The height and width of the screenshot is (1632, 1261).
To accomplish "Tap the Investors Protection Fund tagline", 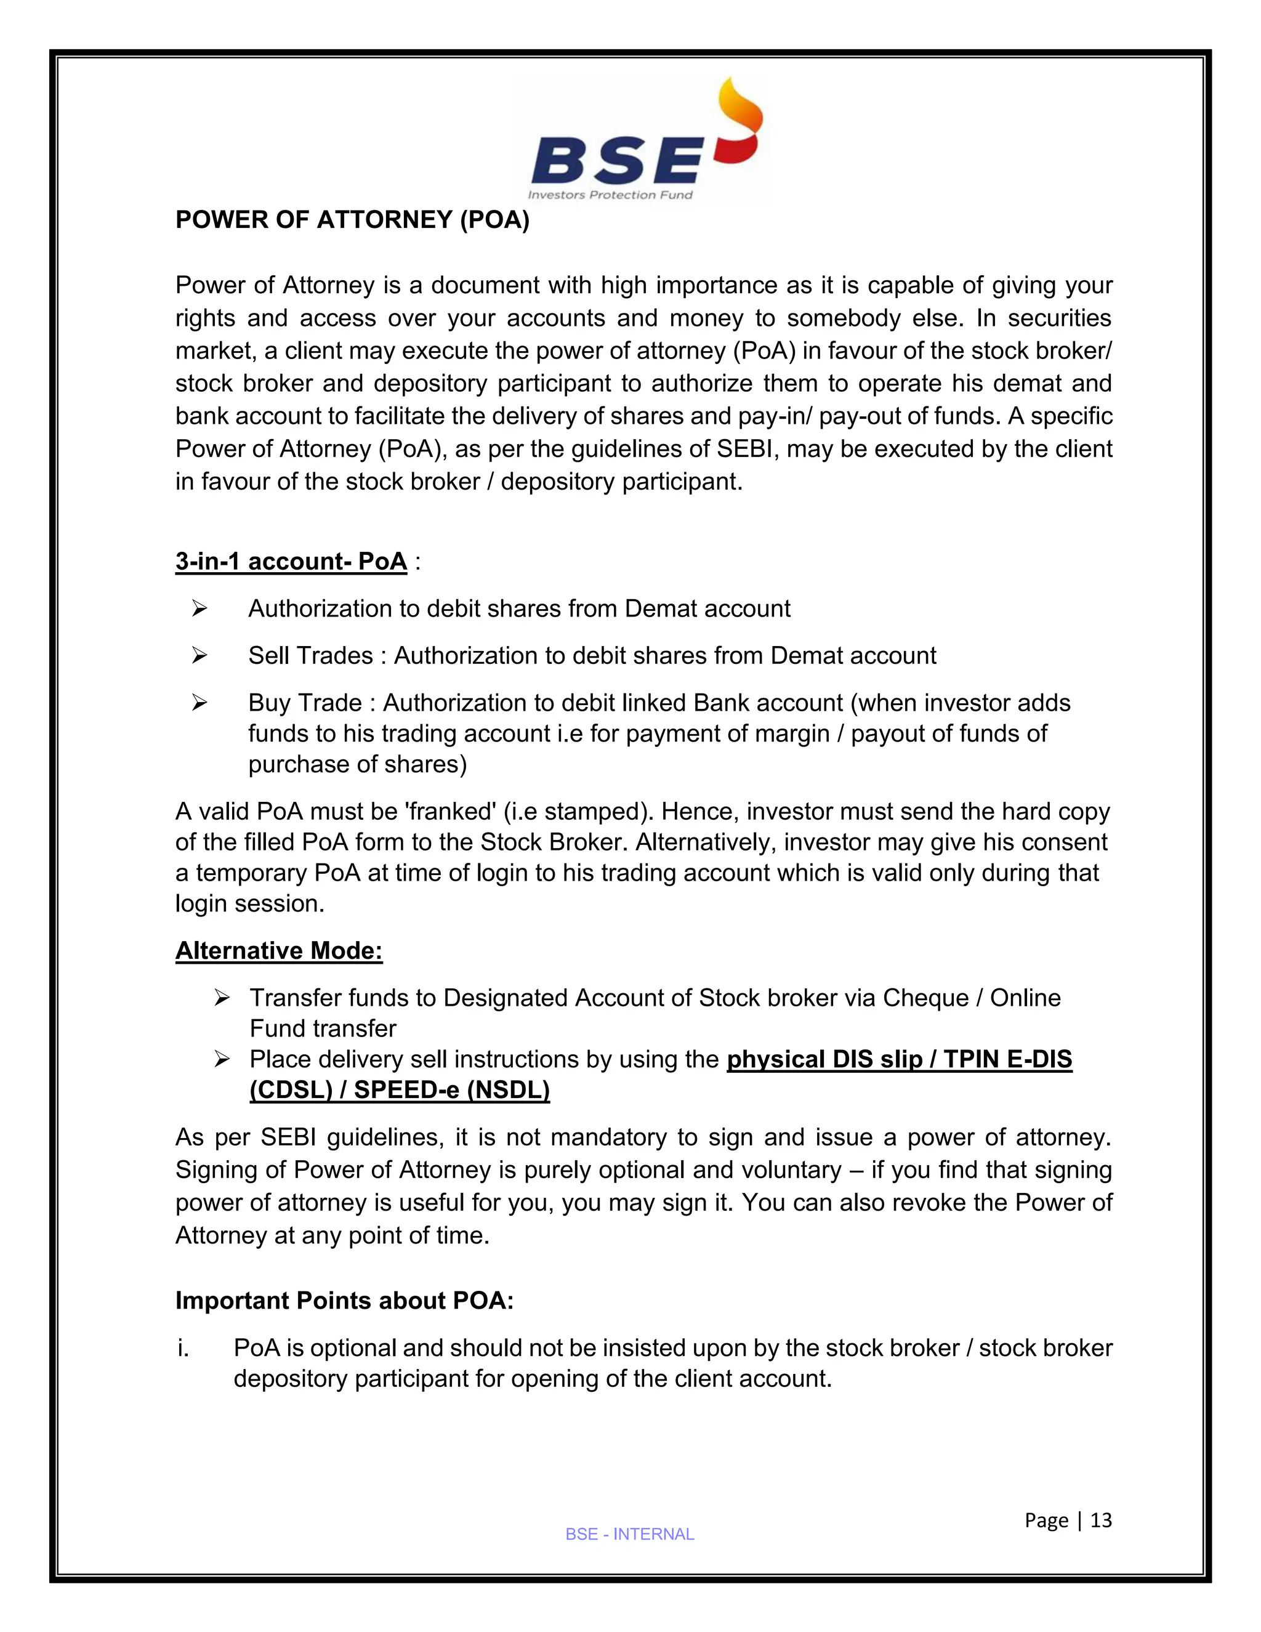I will click(x=610, y=195).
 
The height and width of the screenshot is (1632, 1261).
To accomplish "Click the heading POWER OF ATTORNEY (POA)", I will click(x=352, y=220).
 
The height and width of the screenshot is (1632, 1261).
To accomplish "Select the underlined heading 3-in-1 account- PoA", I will click(x=291, y=561).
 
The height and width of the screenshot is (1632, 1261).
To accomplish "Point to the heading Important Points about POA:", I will click(x=344, y=1300).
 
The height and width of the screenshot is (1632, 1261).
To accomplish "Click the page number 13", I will click(x=1101, y=1520).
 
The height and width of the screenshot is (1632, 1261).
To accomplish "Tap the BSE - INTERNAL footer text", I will click(x=630, y=1534).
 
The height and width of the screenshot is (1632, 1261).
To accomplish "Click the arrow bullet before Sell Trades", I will click(x=199, y=656).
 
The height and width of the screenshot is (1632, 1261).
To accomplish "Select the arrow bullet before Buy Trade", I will click(x=199, y=703).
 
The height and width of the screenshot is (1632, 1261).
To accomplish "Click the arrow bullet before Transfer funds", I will click(x=221, y=998).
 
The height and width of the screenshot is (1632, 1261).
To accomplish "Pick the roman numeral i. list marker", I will click(x=183, y=1348).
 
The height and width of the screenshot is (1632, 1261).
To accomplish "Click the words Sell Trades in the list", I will click(x=310, y=656).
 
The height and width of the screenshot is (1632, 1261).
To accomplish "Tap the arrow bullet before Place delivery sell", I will click(x=221, y=1060).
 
